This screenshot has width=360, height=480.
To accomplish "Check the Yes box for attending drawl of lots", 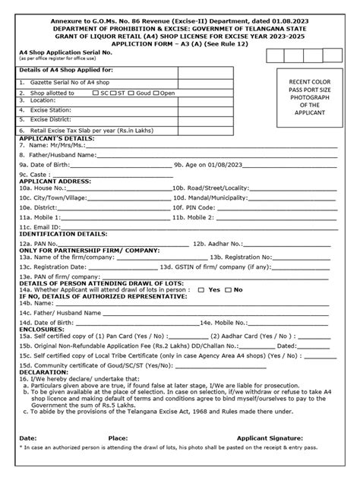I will pyautogui.click(x=202, y=289).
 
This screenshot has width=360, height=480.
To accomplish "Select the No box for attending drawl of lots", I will pyautogui.click(x=229, y=289).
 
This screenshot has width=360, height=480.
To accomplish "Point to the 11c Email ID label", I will pyautogui.click(x=43, y=226).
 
